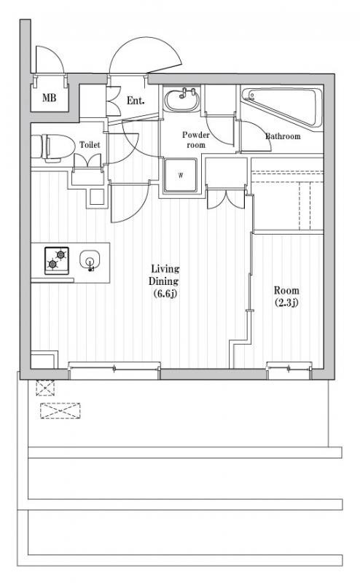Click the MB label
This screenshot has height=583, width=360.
point(49,98)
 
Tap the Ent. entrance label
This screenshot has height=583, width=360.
point(136,101)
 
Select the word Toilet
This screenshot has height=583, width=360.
point(90,144)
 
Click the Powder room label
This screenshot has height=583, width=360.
point(195,140)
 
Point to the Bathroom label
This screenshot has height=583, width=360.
point(283,136)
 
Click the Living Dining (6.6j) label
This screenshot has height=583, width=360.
point(164,281)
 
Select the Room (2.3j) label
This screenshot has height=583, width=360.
point(286,297)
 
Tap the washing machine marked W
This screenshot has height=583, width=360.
point(181,175)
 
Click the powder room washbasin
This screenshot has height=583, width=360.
point(182,100)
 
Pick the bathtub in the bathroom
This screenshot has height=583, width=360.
point(282,106)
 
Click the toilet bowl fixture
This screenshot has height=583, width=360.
point(51,148)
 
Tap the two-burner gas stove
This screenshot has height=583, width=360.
point(57,260)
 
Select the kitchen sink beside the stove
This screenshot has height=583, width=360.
point(90,260)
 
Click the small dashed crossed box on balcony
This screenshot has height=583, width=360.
point(45,388)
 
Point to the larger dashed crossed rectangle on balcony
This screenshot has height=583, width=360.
point(60,411)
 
